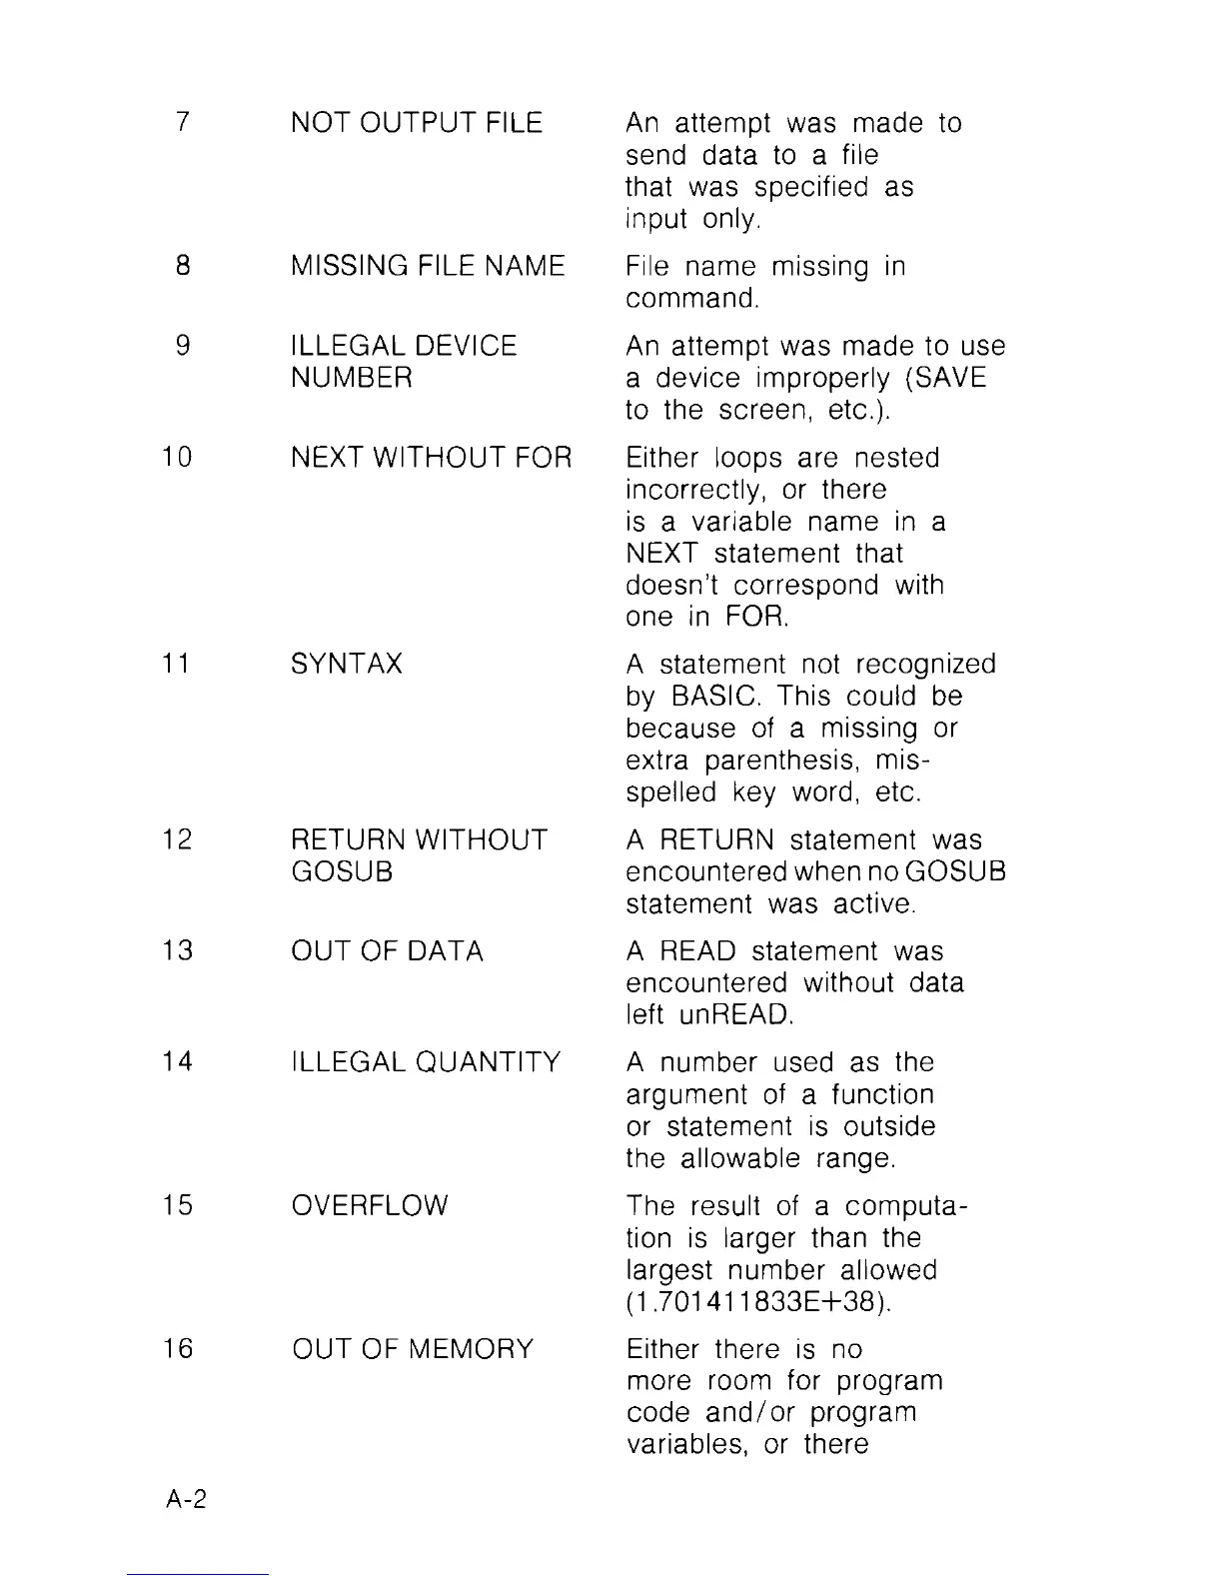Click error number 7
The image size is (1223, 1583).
181,123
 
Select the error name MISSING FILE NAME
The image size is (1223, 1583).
428,266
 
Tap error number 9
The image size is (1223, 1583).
181,346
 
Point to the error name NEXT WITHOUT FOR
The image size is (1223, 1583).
432,458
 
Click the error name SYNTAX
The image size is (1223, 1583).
347,665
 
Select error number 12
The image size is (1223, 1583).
177,839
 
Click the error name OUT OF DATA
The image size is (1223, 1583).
388,951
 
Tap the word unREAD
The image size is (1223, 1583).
735,1015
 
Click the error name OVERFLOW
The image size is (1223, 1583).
371,1206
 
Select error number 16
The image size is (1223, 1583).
177,1349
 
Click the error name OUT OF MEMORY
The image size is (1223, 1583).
414,1349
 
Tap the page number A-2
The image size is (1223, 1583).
186,1499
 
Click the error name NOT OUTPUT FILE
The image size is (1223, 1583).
417,123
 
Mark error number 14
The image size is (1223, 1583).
177,1062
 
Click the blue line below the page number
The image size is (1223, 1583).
198,1574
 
